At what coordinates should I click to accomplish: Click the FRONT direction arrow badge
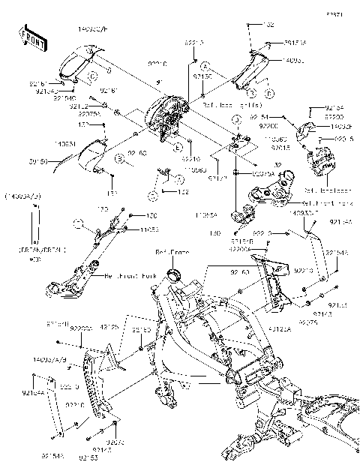pyautogui.click(x=30, y=40)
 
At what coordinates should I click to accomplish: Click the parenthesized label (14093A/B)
pyautogui.click(x=22, y=195)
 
